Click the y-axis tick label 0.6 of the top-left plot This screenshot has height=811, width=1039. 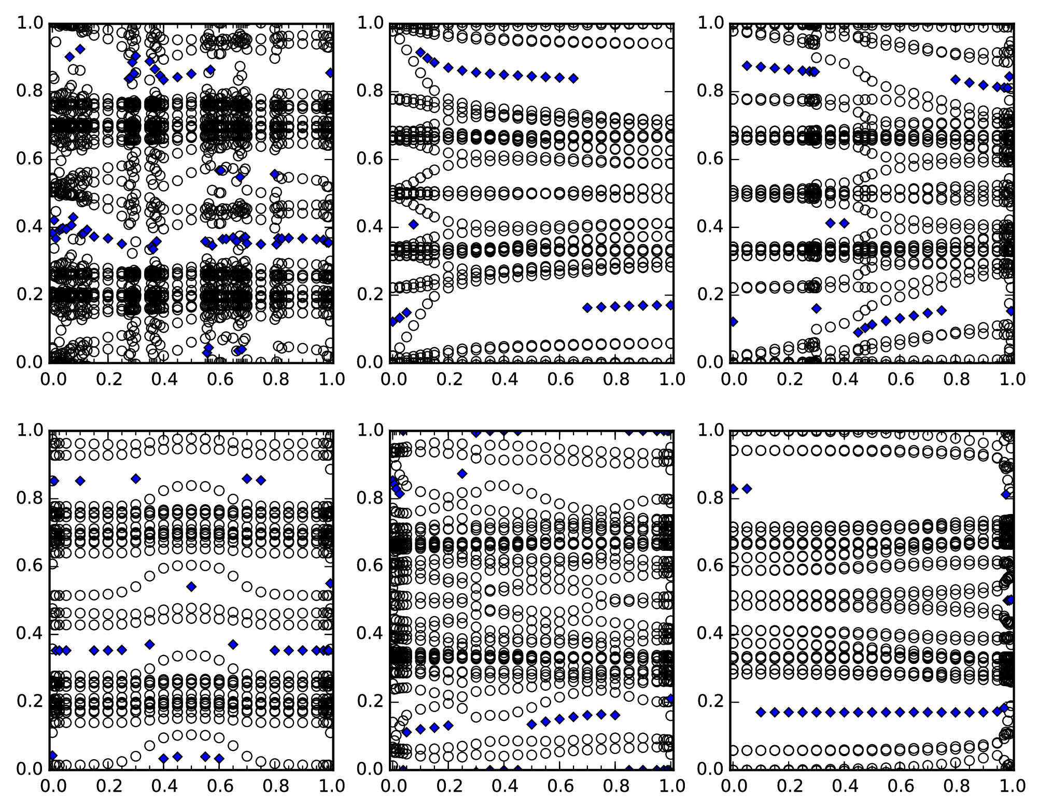pyautogui.click(x=30, y=159)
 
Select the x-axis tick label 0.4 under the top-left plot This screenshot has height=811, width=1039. pyautogui.click(x=164, y=379)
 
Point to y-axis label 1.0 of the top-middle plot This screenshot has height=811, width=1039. pyautogui.click(x=370, y=23)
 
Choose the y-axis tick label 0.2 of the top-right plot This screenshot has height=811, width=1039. pyautogui.click(x=710, y=294)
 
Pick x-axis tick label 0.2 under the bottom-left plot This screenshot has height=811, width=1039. pyautogui.click(x=108, y=786)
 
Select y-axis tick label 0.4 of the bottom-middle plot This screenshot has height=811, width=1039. pyautogui.click(x=370, y=634)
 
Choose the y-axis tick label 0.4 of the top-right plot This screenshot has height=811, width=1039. pyautogui.click(x=710, y=227)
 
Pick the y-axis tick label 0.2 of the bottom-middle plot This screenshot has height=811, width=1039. pyautogui.click(x=370, y=701)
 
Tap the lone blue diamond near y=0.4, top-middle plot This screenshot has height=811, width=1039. pyautogui.click(x=413, y=224)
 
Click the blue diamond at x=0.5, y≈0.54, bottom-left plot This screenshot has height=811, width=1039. pyautogui.click(x=191, y=587)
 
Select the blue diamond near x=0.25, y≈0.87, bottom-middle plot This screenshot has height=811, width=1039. pyautogui.click(x=462, y=473)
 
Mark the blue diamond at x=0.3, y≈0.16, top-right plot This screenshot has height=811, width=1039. pyautogui.click(x=817, y=308)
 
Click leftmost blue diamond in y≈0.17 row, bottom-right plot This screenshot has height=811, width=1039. pyautogui.click(x=761, y=712)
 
